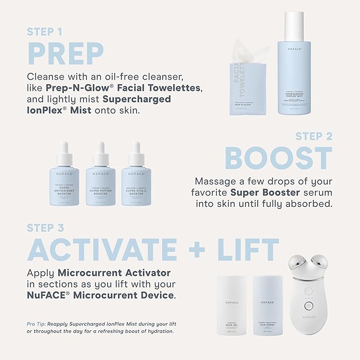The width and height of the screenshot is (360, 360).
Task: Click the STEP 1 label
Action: (x=47, y=31)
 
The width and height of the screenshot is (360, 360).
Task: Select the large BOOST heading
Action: (x=278, y=158)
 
